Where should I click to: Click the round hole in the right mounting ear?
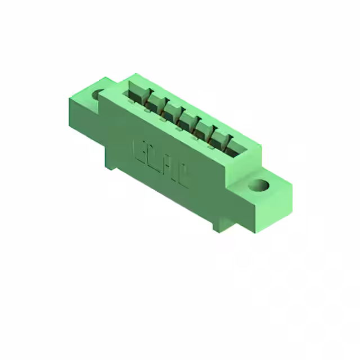(x=259, y=184)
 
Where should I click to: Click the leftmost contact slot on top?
(x=137, y=93)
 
